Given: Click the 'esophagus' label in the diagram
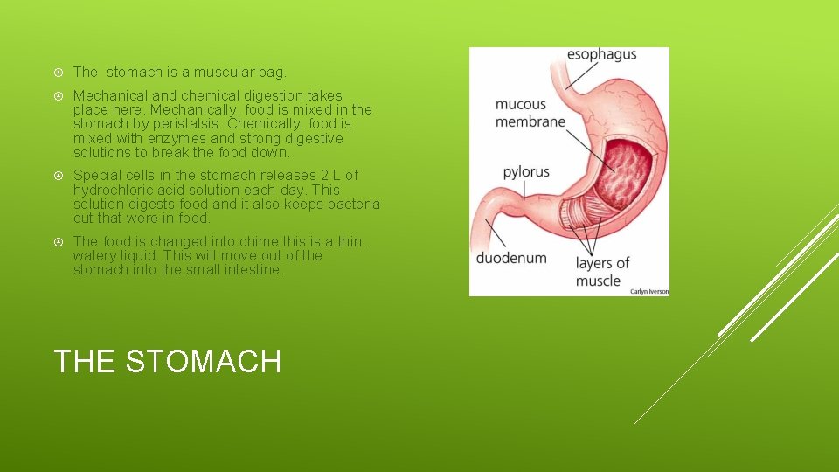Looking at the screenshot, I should click(x=602, y=54).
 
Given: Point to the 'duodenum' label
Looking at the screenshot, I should click(x=511, y=258).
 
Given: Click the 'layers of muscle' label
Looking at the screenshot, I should click(x=602, y=271).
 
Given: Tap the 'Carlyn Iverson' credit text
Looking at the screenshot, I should click(x=648, y=291).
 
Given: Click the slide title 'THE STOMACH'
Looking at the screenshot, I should click(x=168, y=360).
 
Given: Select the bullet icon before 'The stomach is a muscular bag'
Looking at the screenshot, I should click(x=59, y=72).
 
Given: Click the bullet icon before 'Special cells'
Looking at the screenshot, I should click(x=59, y=176).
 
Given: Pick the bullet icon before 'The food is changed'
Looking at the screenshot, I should click(x=59, y=241).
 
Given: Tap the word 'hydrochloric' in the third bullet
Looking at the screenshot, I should click(x=112, y=190).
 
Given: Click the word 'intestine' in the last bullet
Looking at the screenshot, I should click(x=253, y=270).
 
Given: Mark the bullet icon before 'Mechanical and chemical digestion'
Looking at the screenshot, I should click(x=59, y=95).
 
